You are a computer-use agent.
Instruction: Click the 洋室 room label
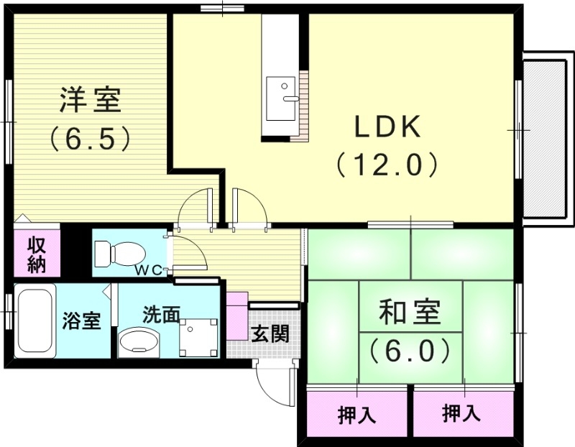pyautogui.click(x=89, y=100)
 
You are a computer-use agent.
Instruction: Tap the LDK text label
pyautogui.click(x=386, y=128)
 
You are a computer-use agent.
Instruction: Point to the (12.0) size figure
pyautogui.click(x=386, y=166)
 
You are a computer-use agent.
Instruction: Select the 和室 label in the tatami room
pyautogui.click(x=410, y=314)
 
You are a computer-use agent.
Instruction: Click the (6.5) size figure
pyautogui.click(x=89, y=138)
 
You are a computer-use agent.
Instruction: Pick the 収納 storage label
pyautogui.click(x=37, y=254)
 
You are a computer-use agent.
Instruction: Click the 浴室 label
pyautogui.click(x=81, y=321)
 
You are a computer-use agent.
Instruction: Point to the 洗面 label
pyautogui.click(x=160, y=315)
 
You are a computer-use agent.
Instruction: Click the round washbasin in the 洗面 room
pyautogui.click(x=138, y=341)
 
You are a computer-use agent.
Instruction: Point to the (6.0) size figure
pyautogui.click(x=410, y=351)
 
